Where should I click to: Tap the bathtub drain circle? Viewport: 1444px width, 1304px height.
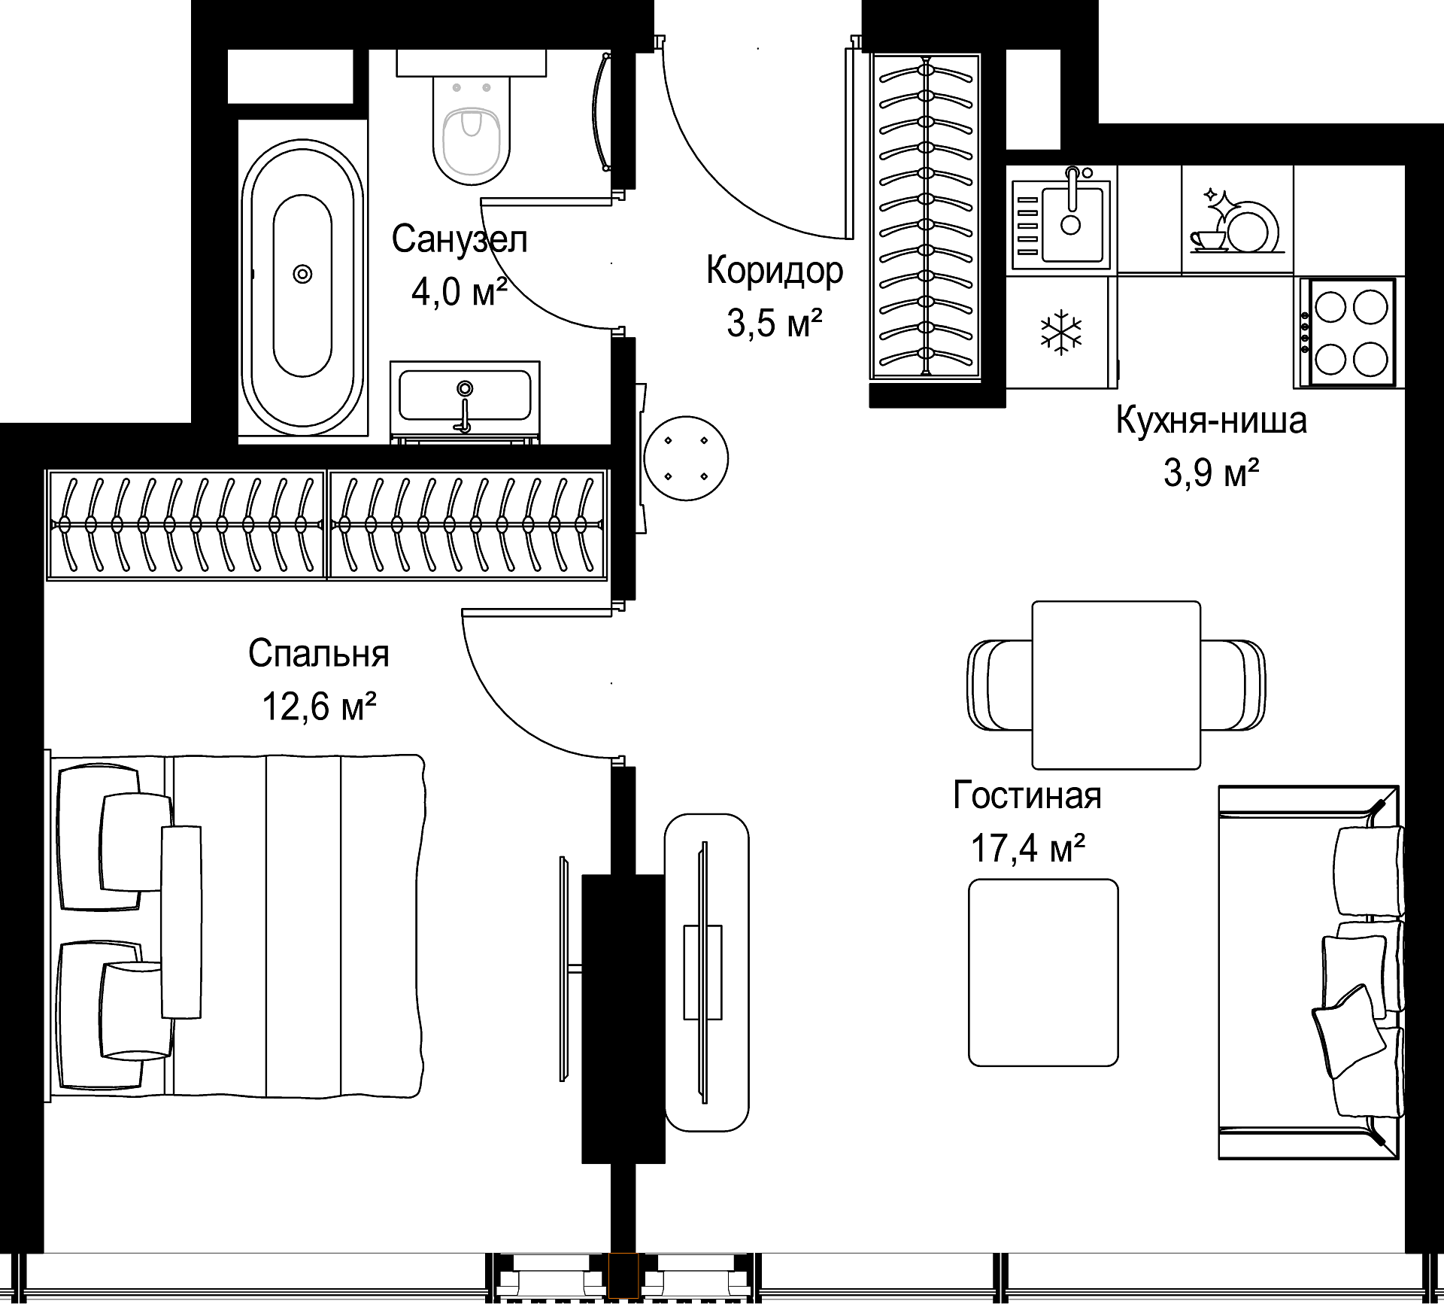pos(302,274)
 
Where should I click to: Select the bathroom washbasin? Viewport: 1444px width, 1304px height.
pos(465,398)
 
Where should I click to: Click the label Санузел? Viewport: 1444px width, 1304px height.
pos(460,239)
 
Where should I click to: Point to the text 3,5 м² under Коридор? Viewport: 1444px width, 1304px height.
pos(774,324)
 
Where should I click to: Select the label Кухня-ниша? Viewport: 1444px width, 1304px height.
pos(1211,420)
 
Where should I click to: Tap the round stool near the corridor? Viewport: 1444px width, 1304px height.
pos(686,458)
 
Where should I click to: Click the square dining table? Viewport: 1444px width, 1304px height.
pos(1116,685)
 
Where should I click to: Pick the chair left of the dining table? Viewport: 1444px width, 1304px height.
pos(1000,685)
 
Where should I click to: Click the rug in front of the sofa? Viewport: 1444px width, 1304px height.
pos(1043,973)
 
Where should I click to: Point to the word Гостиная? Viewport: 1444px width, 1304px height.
pos(1027,795)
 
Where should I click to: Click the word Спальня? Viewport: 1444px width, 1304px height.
pos(319,653)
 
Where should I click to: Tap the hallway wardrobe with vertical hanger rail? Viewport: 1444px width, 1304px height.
pos(926,217)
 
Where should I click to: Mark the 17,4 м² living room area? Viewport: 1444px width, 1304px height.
pos(1028,848)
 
